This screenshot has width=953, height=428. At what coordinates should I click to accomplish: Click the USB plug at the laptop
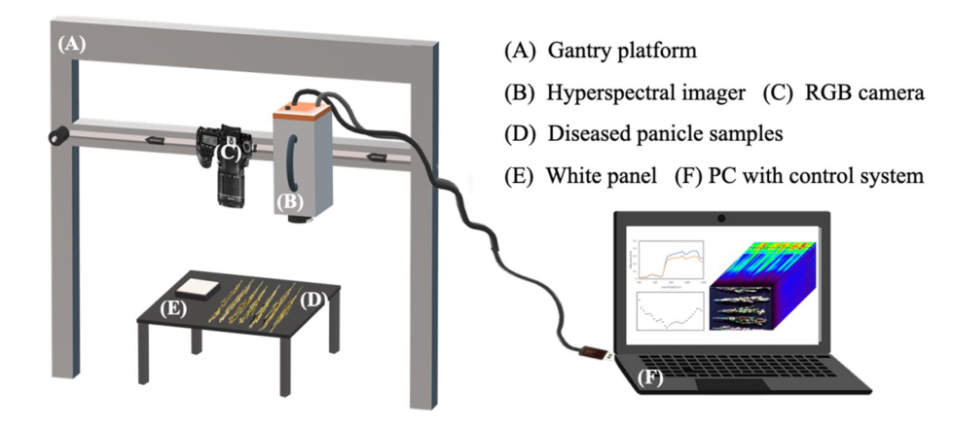coord(592,352)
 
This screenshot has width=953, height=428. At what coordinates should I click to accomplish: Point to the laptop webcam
coord(720,215)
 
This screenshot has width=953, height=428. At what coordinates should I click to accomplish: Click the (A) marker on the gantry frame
coord(72,44)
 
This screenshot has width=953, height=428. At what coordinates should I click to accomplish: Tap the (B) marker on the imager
coord(291,202)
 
